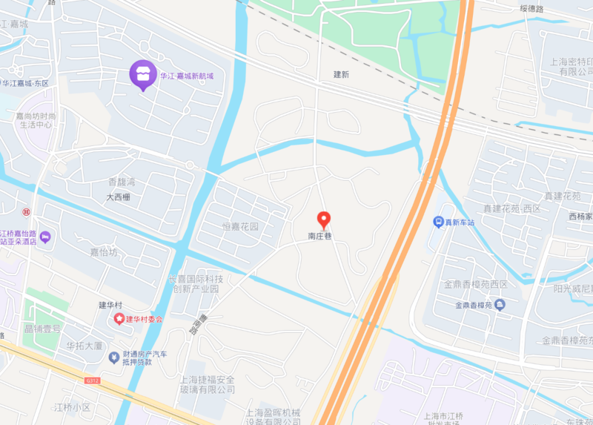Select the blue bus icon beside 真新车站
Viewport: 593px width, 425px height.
point(439,222)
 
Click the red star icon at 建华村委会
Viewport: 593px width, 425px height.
point(118,319)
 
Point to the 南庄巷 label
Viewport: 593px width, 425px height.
point(321,237)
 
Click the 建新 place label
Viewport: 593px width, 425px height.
point(341,75)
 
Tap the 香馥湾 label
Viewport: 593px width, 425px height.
point(122,182)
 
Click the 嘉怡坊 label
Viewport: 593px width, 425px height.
point(105,252)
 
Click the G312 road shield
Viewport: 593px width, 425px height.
point(92,380)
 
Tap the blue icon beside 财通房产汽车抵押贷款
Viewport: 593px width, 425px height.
point(114,357)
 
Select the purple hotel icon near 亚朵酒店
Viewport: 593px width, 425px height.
point(46,237)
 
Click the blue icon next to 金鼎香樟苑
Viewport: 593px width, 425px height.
point(500,304)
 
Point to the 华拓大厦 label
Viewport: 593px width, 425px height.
point(84,346)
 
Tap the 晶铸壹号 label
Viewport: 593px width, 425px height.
point(42,328)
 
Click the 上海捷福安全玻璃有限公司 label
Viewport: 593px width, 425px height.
point(208,383)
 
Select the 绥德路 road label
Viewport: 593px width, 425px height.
point(531,9)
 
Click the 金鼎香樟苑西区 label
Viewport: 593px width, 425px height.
point(475,285)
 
